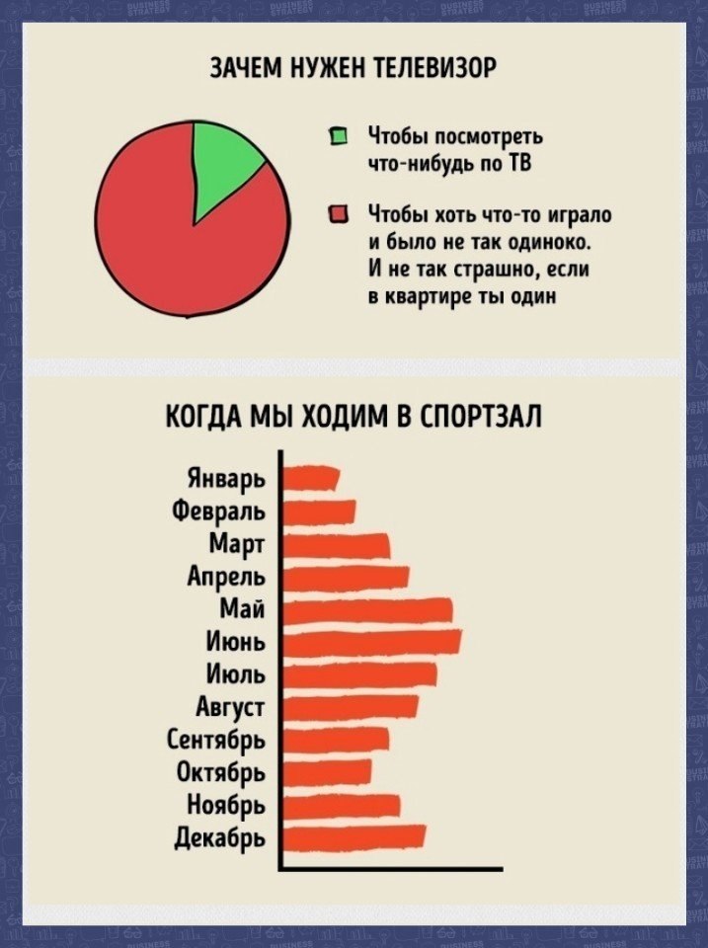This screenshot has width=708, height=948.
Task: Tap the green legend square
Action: (338, 136)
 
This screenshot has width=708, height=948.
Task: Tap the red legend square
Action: (338, 214)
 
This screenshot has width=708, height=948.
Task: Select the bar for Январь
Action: (310, 479)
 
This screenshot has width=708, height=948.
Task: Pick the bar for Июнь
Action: (371, 642)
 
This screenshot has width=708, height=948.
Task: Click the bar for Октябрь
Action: (327, 770)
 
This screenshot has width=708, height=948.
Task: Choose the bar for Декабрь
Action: (354, 835)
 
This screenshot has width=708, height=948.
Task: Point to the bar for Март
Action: (336, 545)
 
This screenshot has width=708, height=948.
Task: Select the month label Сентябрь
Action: (215, 741)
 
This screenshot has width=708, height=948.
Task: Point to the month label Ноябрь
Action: (225, 805)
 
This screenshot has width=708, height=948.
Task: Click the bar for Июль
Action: (359, 673)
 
